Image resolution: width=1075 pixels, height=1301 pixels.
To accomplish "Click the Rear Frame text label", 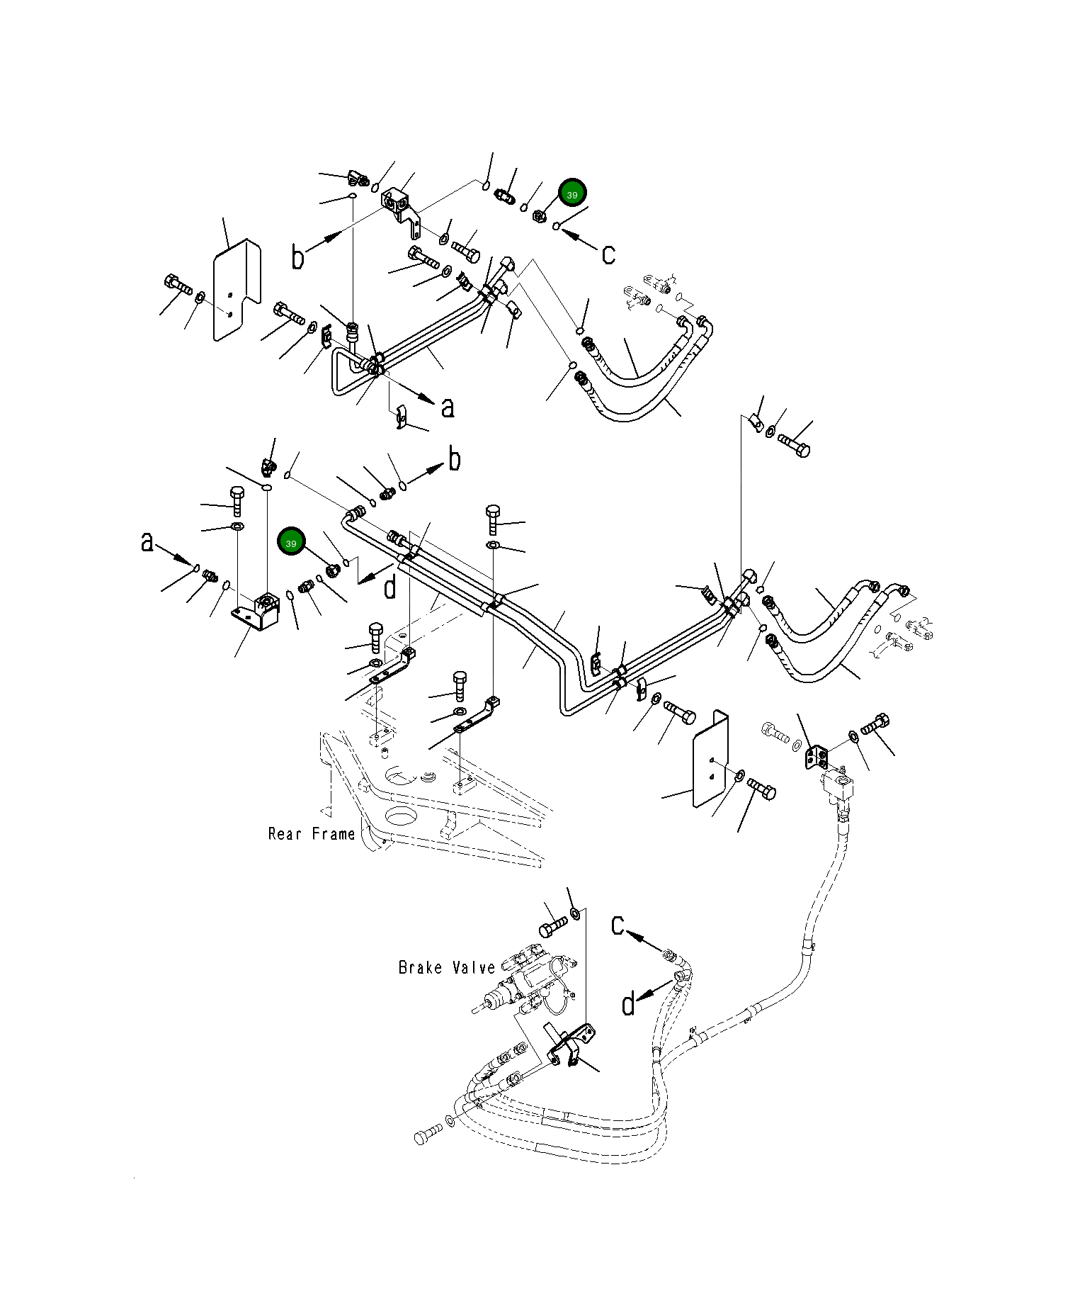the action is [312, 834].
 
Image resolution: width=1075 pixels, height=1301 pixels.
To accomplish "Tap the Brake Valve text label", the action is [447, 967].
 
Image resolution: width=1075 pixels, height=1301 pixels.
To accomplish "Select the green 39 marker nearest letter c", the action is [572, 193].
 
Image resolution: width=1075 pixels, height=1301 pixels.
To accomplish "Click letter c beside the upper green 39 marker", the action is [608, 253].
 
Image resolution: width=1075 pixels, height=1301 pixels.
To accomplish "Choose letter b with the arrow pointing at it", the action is [455, 459].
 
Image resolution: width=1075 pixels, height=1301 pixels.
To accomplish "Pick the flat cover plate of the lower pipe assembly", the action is [710, 759].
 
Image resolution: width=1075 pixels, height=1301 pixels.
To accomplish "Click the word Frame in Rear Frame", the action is [332, 834].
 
